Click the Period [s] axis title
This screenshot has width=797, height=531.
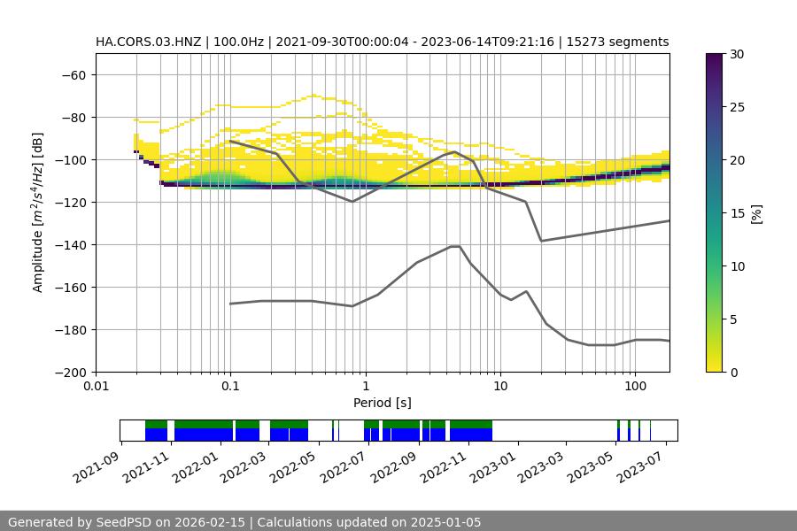coord(383,403)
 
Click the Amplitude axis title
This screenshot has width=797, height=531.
coord(38,212)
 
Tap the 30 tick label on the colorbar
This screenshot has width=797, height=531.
coord(737,54)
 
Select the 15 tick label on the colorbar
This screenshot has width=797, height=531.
coord(737,213)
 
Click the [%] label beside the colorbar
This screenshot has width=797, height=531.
coord(757,213)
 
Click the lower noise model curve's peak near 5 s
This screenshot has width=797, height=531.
coord(455,246)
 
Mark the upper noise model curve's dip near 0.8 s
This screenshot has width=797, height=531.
coord(352,201)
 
